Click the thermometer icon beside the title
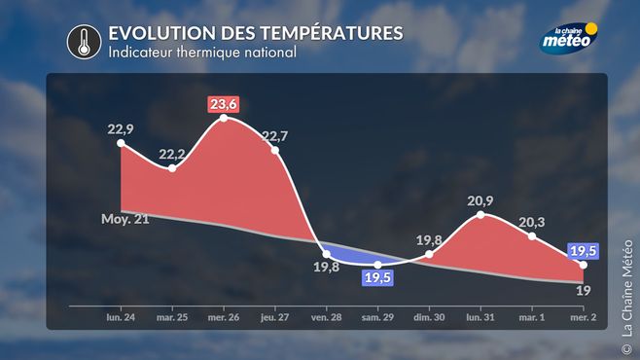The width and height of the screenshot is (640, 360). click(x=84, y=42)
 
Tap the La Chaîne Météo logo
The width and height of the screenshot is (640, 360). click(x=569, y=38)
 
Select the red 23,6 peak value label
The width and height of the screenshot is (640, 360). click(x=224, y=104)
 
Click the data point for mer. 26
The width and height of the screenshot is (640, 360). click(x=224, y=118)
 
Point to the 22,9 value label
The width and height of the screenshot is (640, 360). click(x=121, y=129)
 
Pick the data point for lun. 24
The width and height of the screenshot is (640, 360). click(x=121, y=143)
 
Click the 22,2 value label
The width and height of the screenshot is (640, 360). click(x=172, y=155)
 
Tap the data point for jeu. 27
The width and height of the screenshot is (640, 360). click(x=275, y=150)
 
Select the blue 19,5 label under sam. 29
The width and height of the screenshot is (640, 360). click(x=377, y=278)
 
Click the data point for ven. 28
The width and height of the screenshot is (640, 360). click(x=327, y=254)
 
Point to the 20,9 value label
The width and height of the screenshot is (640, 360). click(x=480, y=200)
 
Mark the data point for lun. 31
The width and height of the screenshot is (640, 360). click(x=480, y=215)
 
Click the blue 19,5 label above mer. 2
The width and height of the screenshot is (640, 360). click(x=584, y=251)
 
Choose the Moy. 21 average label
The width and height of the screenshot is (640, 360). click(x=124, y=219)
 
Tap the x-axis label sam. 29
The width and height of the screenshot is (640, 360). click(x=377, y=317)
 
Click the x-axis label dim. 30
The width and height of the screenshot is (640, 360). click(x=429, y=317)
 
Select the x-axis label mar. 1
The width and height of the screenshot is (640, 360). click(x=532, y=317)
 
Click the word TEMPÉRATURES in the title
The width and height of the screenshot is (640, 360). click(x=332, y=33)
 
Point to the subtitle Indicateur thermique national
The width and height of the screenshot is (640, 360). click(x=202, y=53)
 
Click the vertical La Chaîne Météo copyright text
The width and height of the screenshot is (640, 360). click(x=627, y=297)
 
